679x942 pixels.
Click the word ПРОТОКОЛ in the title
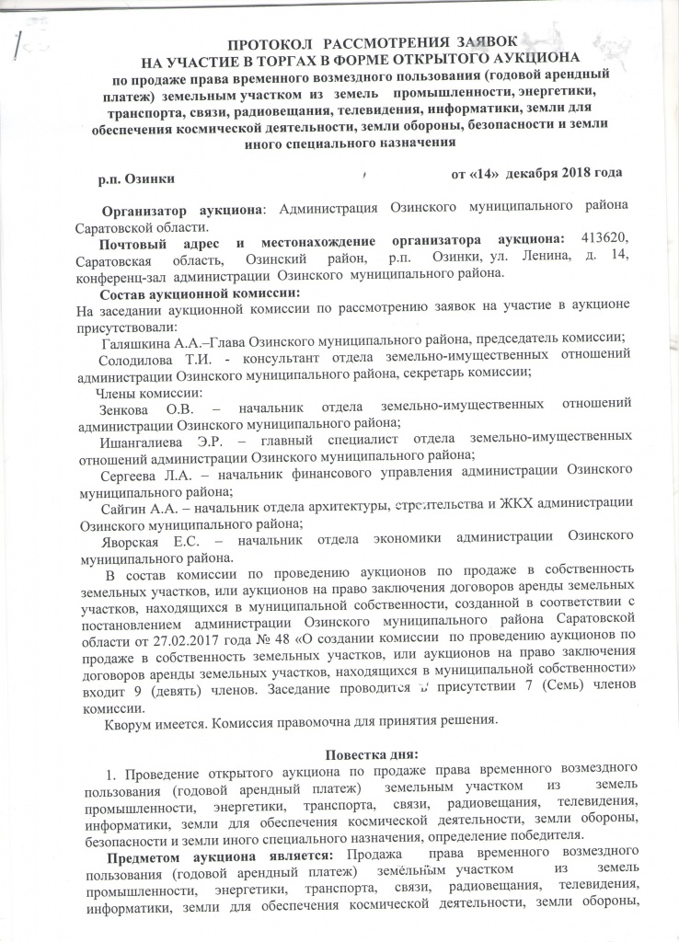coord(269,44)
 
